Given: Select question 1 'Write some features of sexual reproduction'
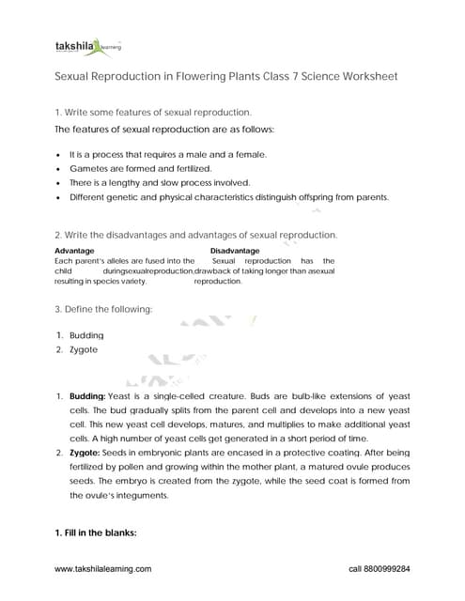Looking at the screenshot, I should point(153,112).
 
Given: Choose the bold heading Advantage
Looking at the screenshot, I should point(74,251).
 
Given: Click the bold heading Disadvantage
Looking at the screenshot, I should point(235,251).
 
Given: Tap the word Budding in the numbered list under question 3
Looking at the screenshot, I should point(86,335).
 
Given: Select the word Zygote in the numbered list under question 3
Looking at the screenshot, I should point(84,350).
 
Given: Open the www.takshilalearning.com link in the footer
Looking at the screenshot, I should point(103,569).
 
